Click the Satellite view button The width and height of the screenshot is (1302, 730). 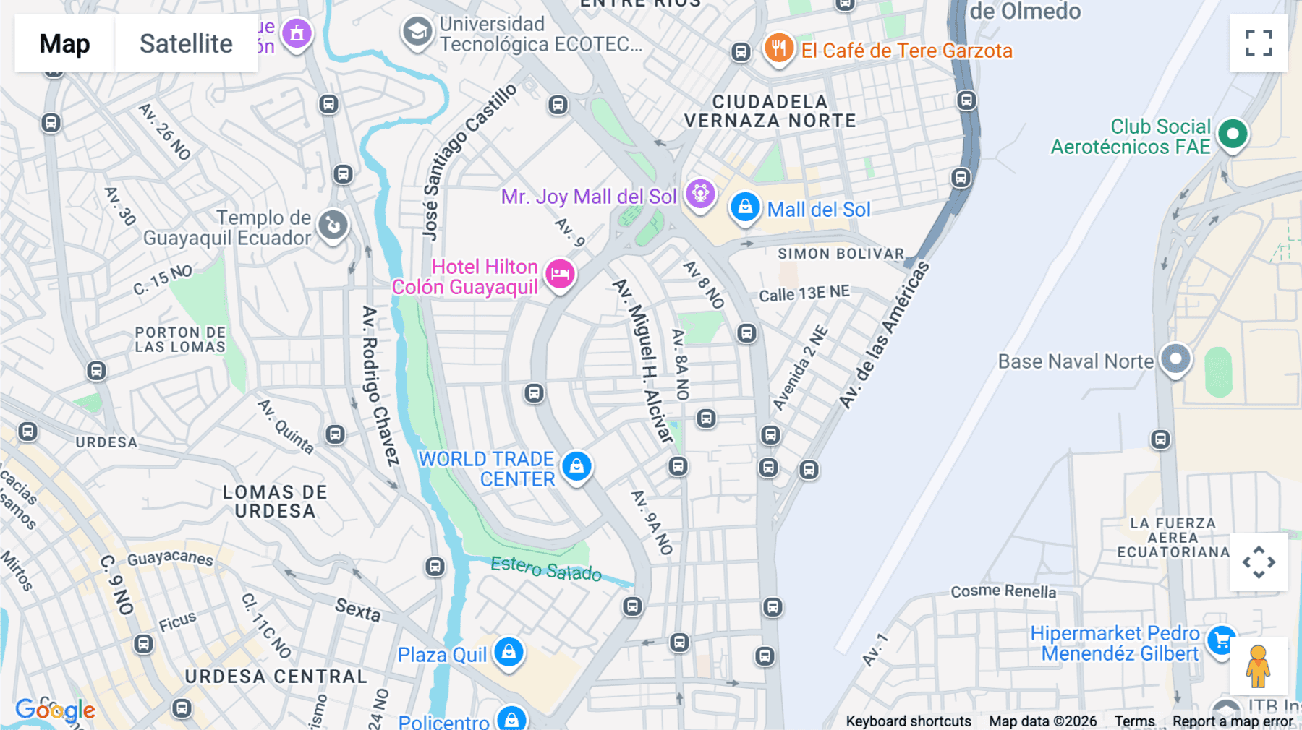tap(186, 43)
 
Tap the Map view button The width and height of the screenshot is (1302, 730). tap(64, 43)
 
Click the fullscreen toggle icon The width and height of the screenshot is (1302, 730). tap(1259, 43)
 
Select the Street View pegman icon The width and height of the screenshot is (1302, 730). tap(1258, 666)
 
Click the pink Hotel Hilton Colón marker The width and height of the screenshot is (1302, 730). tap(560, 274)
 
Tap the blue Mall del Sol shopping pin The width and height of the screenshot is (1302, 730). tap(744, 207)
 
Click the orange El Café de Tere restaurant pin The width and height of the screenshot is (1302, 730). tap(778, 48)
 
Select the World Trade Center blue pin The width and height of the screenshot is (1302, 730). tap(576, 466)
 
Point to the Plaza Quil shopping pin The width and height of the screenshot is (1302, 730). tap(509, 652)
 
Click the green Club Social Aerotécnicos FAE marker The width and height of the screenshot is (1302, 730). tap(1233, 134)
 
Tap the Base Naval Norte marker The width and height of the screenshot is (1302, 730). tap(1175, 358)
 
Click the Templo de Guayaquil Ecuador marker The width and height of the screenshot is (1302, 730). tap(333, 226)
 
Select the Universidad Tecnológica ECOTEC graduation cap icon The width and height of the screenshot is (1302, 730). tap(417, 33)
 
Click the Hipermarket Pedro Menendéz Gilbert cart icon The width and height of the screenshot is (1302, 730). tap(1222, 640)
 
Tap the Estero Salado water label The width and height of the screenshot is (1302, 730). tap(546, 569)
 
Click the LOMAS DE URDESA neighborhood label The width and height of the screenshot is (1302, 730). tap(275, 502)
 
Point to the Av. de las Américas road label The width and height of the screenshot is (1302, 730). tap(884, 337)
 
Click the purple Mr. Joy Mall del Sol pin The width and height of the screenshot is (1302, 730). tap(699, 194)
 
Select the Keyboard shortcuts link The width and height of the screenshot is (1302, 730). tap(909, 721)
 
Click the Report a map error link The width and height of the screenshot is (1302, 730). tap(1233, 721)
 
